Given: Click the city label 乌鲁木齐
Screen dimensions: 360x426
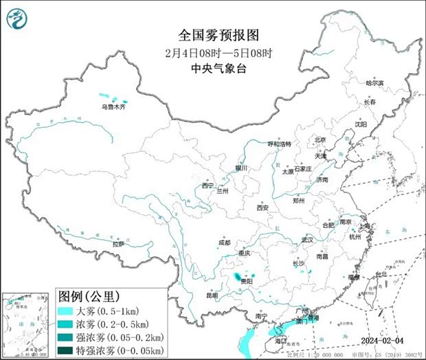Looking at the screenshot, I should click(114, 107).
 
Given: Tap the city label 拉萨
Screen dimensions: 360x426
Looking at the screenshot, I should click(119, 244).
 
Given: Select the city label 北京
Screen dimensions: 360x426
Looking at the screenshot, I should click(320, 139).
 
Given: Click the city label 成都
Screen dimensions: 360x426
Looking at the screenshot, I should click(225, 243).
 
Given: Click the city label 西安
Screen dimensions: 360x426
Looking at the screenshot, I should click(262, 207).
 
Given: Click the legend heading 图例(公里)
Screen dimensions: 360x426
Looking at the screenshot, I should click(89, 297).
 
